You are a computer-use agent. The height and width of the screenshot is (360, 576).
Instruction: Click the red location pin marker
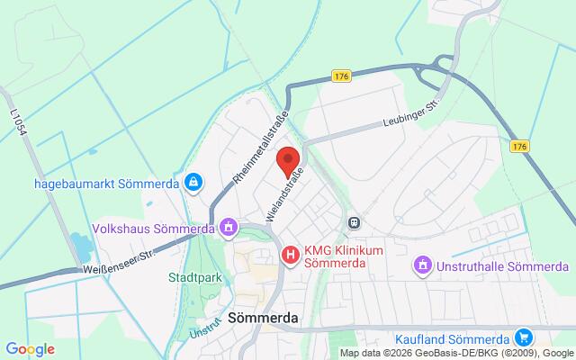click(288, 160)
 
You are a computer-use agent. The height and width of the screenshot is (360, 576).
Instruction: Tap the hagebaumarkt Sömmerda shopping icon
click(193, 183)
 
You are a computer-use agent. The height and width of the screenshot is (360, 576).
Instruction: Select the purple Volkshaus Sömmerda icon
click(229, 228)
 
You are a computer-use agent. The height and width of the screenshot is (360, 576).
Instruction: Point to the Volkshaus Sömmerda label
click(150, 228)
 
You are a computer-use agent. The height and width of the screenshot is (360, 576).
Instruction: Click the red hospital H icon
click(290, 256)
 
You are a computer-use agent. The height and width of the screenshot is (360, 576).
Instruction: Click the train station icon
click(355, 221)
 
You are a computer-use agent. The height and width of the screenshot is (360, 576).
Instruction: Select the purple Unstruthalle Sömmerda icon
click(421, 265)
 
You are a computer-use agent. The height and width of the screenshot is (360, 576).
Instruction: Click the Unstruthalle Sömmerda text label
click(502, 266)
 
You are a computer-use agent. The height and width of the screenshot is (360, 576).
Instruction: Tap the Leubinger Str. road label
click(409, 121)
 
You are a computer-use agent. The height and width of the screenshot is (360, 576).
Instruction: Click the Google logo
click(30, 348)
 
